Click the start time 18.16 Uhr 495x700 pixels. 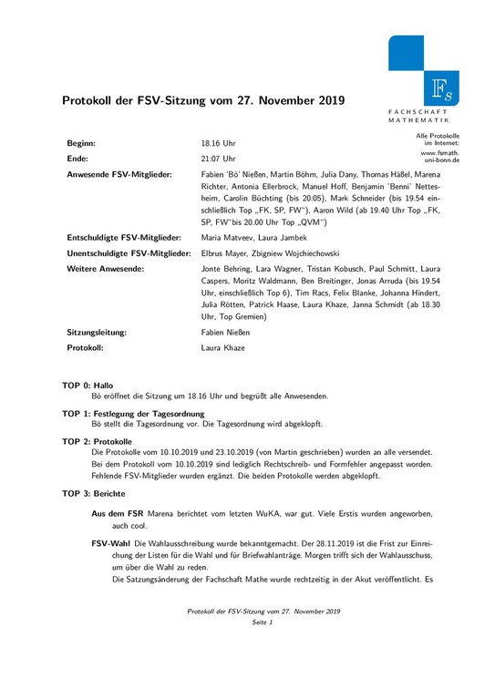point(218,144)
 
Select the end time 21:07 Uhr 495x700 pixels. point(218,158)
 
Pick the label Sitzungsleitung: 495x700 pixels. point(97,334)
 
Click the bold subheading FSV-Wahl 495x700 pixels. point(111,542)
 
